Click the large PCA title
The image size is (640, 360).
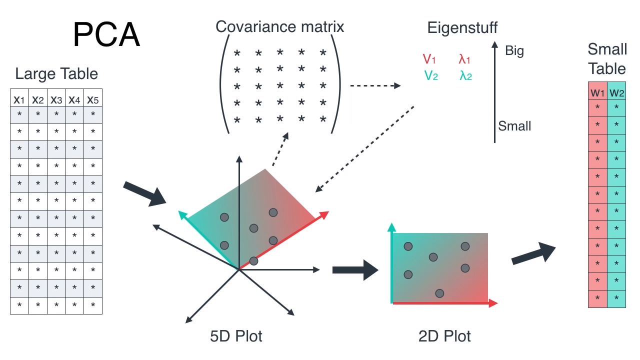tap(106, 34)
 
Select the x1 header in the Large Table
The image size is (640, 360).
tap(19, 99)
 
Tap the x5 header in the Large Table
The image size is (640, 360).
tap(93, 99)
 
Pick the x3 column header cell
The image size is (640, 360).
tap(56, 99)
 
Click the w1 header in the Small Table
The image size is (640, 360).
tap(597, 92)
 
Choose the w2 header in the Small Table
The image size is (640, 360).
tap(616, 92)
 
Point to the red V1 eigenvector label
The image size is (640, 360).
tap(429, 59)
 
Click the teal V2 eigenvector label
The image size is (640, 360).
tap(431, 76)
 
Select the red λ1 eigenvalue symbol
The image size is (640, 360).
tap(464, 59)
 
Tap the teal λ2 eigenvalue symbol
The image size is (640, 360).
tap(465, 76)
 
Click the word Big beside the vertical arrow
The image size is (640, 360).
tap(514, 50)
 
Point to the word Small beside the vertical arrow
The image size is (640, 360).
tap(514, 126)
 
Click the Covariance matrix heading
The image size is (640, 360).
tap(280, 26)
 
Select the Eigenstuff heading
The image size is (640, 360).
tap(462, 27)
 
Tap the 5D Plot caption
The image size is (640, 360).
tap(236, 336)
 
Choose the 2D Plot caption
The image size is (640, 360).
tap(444, 336)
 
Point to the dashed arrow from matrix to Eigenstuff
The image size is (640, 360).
tap(375, 85)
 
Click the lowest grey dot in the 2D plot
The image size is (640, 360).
tap(440, 293)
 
